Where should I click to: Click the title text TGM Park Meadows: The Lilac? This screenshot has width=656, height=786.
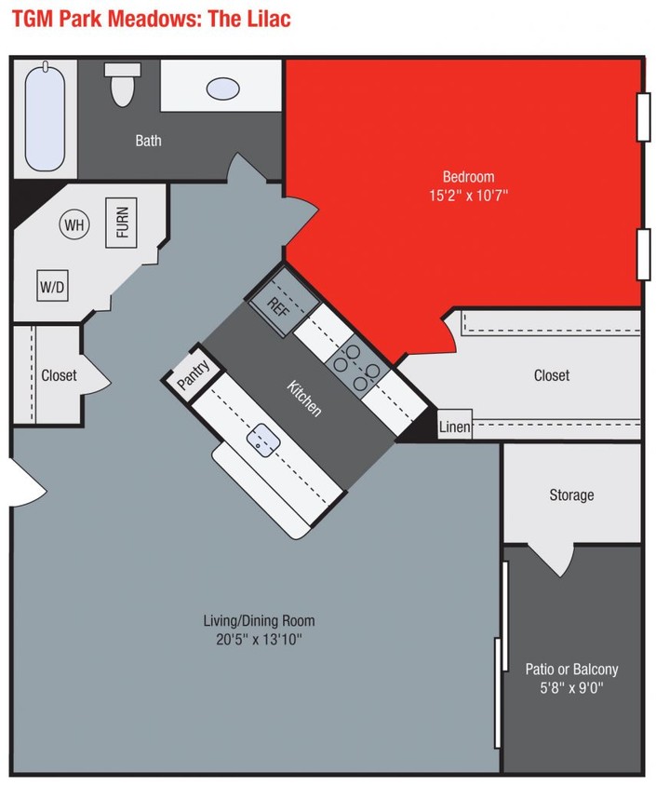pyautogui.click(x=151, y=19)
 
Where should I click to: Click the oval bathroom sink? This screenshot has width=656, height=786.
pyautogui.click(x=221, y=88)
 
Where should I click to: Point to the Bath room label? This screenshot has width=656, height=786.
pyautogui.click(x=148, y=141)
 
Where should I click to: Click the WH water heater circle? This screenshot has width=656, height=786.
pyautogui.click(x=74, y=224)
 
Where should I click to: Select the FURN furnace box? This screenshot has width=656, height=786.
pyautogui.click(x=122, y=222)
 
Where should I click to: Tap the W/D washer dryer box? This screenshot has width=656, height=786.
pyautogui.click(x=52, y=287)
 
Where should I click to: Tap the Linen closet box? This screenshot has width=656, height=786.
pyautogui.click(x=454, y=427)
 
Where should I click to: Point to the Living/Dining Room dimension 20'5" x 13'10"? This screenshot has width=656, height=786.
pyautogui.click(x=259, y=640)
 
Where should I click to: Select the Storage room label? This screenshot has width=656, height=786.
pyautogui.click(x=570, y=495)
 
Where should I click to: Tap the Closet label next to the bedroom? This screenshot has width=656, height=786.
pyautogui.click(x=551, y=375)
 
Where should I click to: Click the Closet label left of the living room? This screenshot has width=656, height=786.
pyautogui.click(x=59, y=375)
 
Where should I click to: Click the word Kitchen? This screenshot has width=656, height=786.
pyautogui.click(x=304, y=398)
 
